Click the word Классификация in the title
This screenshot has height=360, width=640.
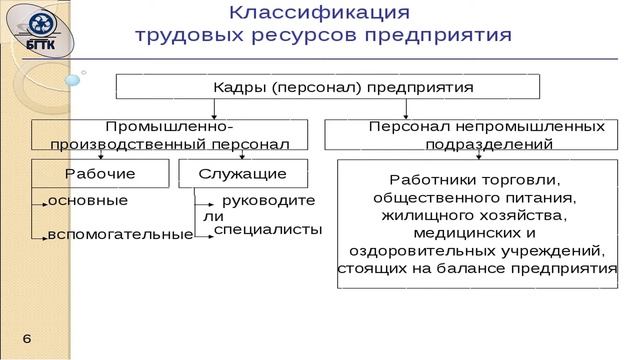tap(320, 13)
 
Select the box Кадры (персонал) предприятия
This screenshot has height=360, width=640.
tap(328, 86)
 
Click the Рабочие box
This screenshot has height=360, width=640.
tap(100, 173)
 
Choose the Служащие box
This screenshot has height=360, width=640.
tap(242, 173)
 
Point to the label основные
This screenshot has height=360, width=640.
tap(88, 200)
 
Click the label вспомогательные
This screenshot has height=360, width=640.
tap(120, 234)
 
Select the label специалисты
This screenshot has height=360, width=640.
tap(268, 229)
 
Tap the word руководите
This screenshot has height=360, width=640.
tap(268, 200)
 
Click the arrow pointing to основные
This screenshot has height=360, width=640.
tap(40, 202)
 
